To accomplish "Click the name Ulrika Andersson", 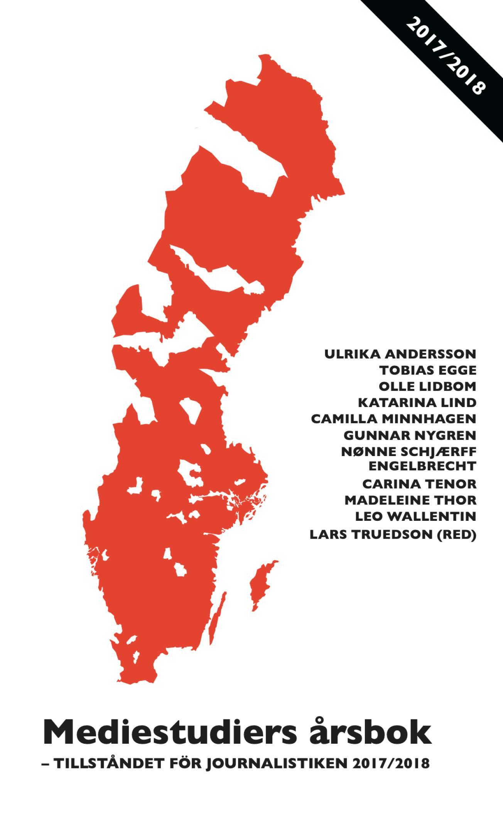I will pos(400,354).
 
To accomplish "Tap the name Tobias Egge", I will pos(428,370).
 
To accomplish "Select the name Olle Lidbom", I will pos(427,386).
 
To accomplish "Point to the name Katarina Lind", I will pos(417,403).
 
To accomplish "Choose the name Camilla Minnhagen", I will pos(394,419).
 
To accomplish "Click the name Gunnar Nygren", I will pos(410,436).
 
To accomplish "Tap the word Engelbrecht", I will pos(422,466).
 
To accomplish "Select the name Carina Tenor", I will pos(419,483).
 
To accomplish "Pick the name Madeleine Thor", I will pos(410,500).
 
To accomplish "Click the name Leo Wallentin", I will pos(415,516).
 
